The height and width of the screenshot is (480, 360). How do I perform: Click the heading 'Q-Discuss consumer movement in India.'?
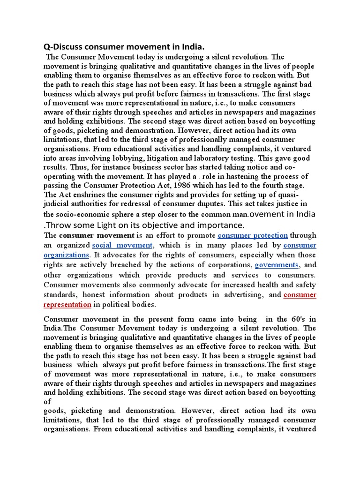(x=124, y=47)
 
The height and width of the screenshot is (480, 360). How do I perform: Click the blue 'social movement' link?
(x=123, y=245)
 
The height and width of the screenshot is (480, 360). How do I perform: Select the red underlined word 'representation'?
(x=67, y=304)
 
